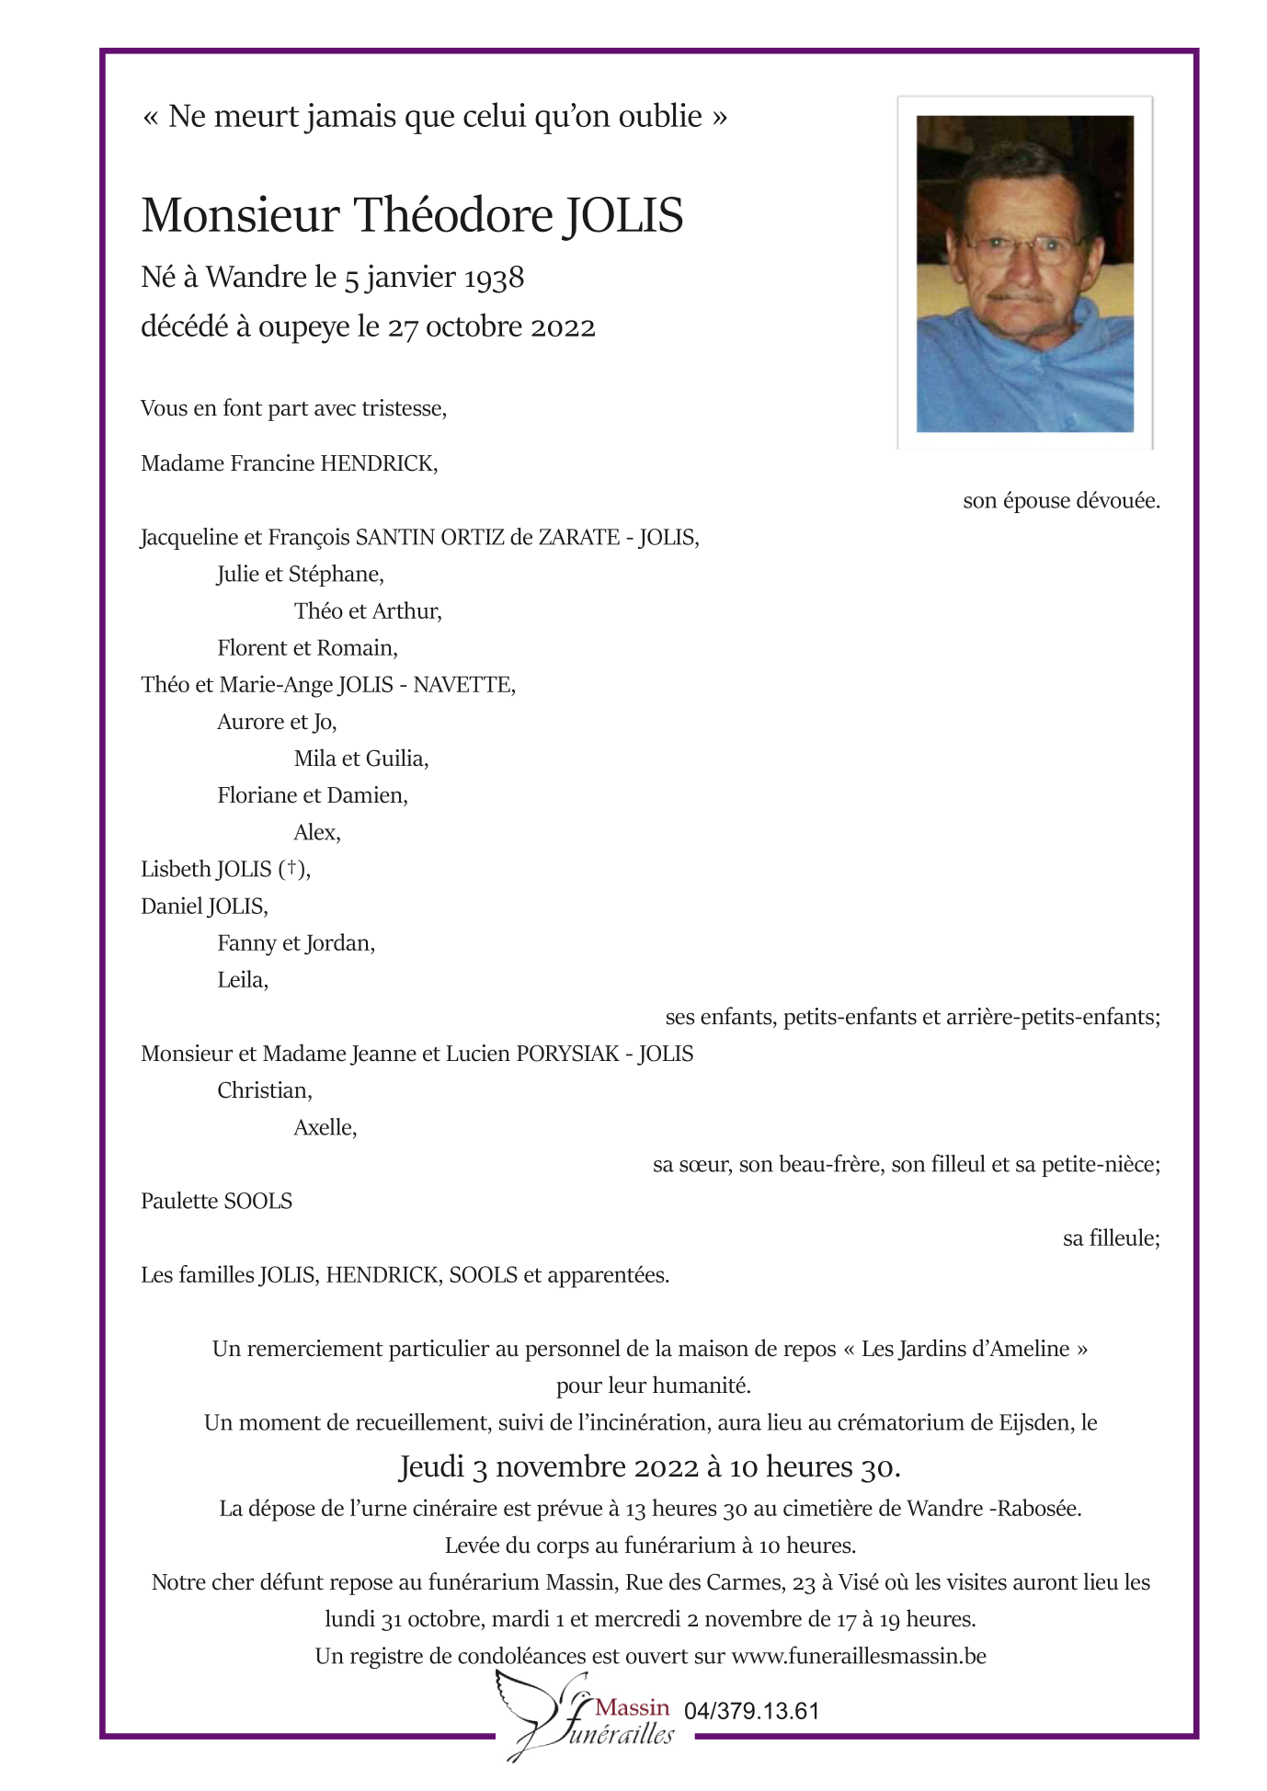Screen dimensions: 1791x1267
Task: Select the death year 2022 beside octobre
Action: (561, 327)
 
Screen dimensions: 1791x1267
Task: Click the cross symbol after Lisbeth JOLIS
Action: (291, 868)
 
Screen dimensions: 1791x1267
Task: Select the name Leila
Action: (242, 980)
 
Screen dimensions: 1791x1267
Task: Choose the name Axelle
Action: (325, 1128)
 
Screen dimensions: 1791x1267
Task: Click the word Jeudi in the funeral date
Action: (431, 1466)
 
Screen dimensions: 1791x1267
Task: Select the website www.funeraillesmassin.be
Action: (859, 1657)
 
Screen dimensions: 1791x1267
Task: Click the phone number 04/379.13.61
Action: (751, 1711)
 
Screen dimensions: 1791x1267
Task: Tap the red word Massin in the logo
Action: (633, 1707)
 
